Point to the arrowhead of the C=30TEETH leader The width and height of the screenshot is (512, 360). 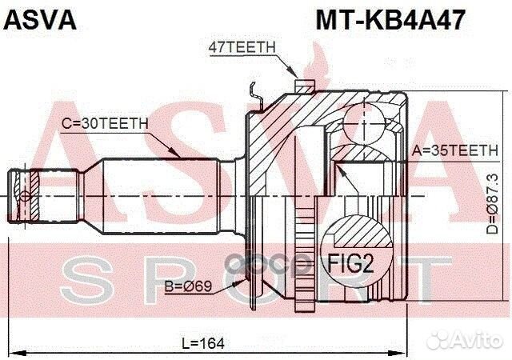point(179,156)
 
